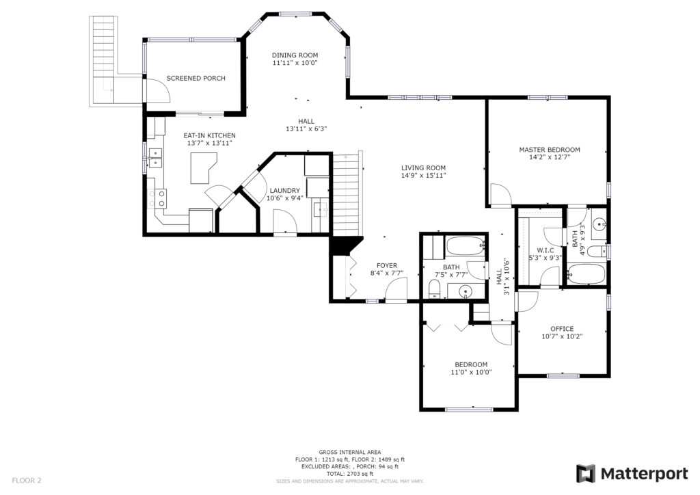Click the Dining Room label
click(295, 55)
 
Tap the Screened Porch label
click(196, 78)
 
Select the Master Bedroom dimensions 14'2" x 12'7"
click(550, 157)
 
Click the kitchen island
click(204, 168)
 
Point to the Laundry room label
click(285, 191)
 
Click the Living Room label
click(423, 168)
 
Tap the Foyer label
click(387, 265)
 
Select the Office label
click(562, 329)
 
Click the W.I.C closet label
click(546, 250)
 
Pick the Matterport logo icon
click(586, 474)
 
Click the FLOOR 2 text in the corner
click(27, 481)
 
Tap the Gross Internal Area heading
click(350, 452)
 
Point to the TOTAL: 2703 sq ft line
click(350, 474)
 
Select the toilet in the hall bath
click(434, 289)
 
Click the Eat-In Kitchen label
click(209, 135)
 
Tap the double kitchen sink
click(155, 158)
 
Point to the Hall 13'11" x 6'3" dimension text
click(306, 129)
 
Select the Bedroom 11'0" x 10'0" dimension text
click(472, 372)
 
